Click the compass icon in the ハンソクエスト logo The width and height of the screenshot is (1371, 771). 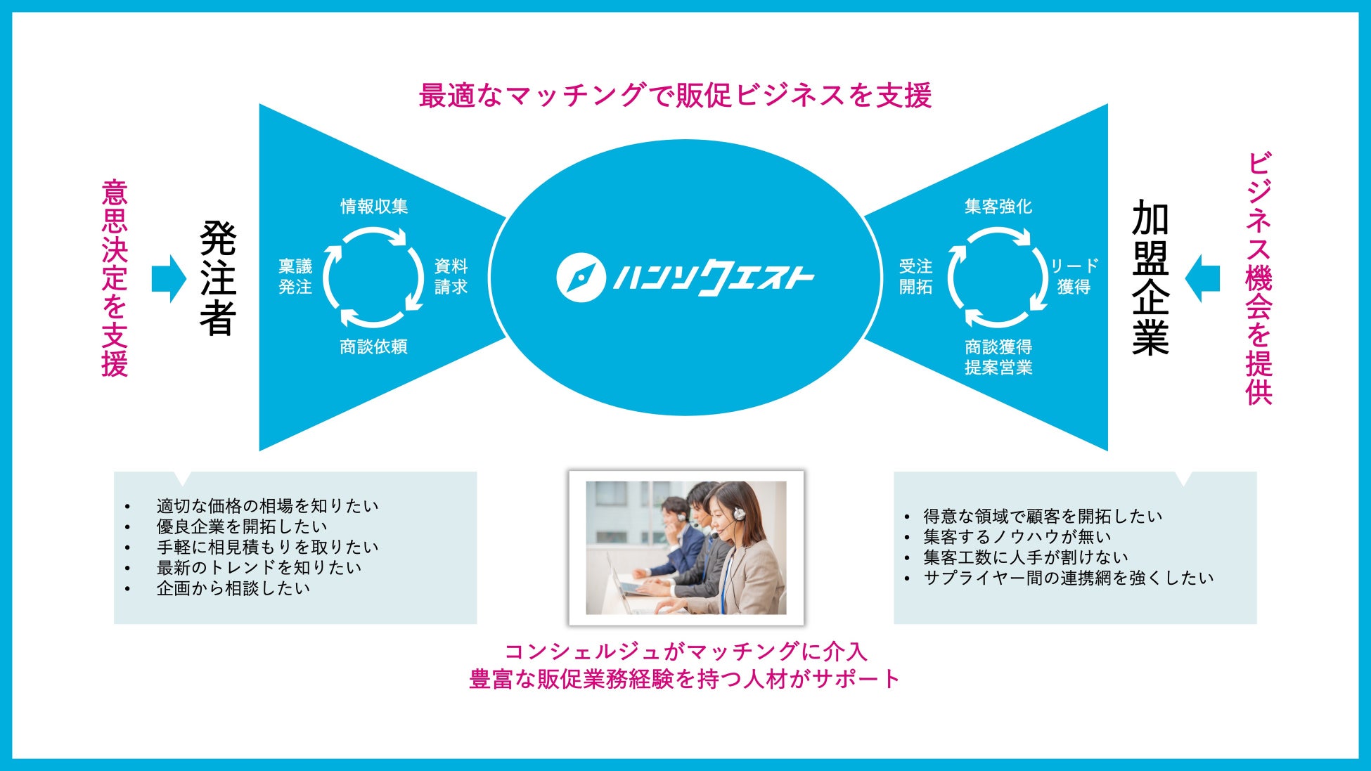tap(581, 278)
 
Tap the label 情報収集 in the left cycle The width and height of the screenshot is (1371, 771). tap(374, 206)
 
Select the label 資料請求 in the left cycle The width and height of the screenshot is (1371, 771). tap(451, 276)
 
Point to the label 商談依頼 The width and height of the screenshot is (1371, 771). tap(373, 346)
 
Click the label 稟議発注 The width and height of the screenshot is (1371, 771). tap(295, 276)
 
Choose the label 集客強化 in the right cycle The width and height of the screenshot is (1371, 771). tap(998, 206)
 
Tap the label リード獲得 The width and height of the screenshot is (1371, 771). tap(1074, 276)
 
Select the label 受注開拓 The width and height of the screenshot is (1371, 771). tap(915, 276)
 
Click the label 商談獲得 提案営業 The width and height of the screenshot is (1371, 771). tap(998, 357)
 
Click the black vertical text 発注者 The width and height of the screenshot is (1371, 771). tap(218, 278)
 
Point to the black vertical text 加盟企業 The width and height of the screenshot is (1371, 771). tap(1150, 278)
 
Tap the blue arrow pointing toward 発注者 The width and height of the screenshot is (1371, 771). tap(169, 279)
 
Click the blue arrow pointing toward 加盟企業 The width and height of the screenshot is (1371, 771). tap(1202, 278)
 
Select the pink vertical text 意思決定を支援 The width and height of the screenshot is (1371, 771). tap(115, 278)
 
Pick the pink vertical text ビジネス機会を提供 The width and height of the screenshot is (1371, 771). tap(1259, 278)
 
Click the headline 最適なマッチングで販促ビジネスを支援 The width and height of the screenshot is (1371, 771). tap(675, 96)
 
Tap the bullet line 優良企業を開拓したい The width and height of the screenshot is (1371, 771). tap(242, 526)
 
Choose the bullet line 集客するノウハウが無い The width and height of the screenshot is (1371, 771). tap(1017, 537)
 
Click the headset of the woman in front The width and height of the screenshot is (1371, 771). tap(738, 514)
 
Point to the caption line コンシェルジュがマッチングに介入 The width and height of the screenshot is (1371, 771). tap(685, 652)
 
